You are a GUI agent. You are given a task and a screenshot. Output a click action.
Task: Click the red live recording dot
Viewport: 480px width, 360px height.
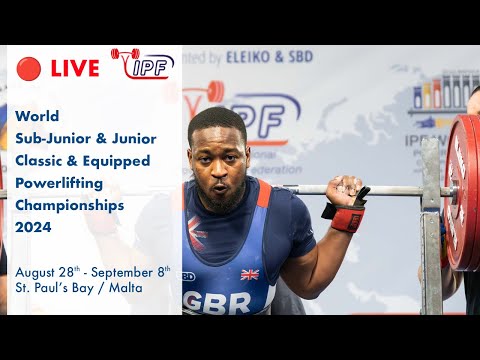pos(28,68)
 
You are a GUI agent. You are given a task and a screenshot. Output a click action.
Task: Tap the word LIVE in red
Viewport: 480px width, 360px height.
pos(74,68)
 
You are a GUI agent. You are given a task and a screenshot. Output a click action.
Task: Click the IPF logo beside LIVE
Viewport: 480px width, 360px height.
pos(143,63)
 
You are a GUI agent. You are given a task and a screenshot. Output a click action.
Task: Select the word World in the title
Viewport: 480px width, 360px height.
pos(38,115)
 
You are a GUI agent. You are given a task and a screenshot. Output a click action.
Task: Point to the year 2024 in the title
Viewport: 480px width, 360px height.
pos(35,226)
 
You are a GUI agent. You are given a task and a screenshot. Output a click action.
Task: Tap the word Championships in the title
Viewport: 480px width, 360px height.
pos(70,204)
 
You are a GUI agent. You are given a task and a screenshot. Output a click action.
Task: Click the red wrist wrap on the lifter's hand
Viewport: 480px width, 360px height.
pos(347,217)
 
